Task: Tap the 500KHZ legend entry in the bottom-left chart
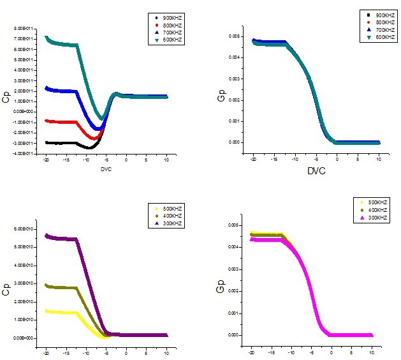171,208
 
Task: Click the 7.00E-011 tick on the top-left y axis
22,39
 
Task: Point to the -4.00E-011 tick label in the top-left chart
22,153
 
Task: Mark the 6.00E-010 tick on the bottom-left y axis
22,229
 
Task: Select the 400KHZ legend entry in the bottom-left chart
171,216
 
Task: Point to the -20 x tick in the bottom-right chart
253,353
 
